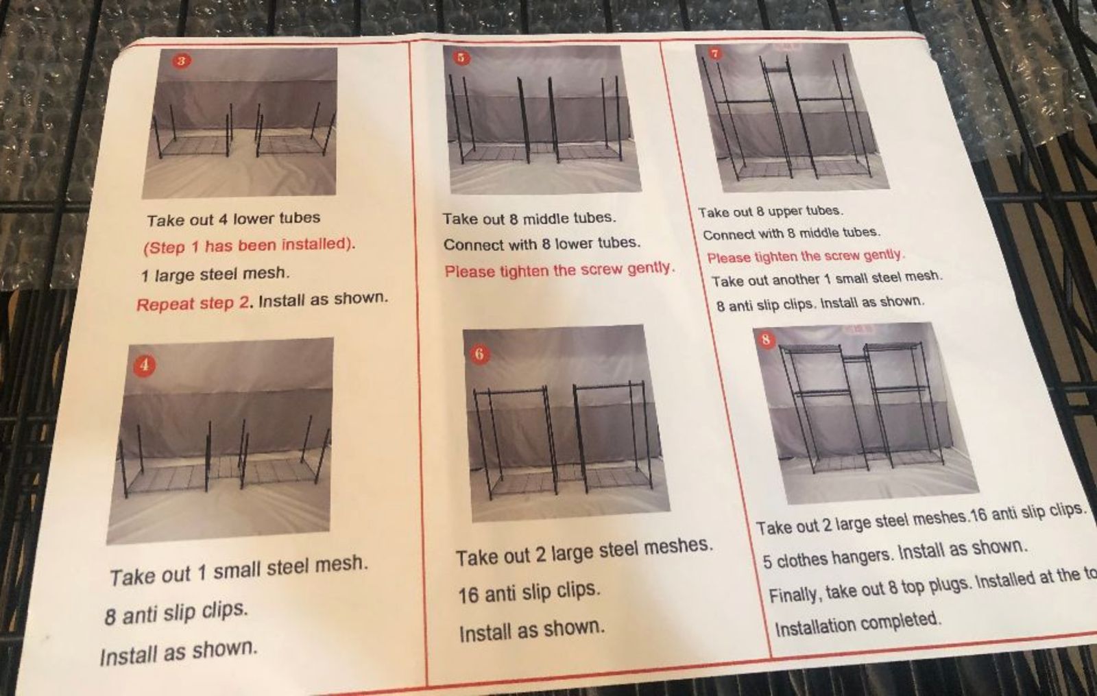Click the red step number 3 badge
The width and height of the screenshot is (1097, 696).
(x=181, y=61)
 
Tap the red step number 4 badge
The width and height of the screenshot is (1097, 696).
(x=145, y=365)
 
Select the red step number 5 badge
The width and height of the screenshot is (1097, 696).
(x=461, y=58)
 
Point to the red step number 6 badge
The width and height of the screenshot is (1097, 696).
(x=479, y=354)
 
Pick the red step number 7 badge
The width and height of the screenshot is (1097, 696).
(x=715, y=54)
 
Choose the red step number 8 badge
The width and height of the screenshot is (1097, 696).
(x=767, y=340)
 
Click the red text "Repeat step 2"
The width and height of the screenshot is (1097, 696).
(x=193, y=304)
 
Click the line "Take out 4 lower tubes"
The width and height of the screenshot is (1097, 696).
(x=234, y=219)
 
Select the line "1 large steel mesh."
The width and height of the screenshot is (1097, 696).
(x=215, y=274)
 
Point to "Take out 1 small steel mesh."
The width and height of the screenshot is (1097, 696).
(x=239, y=571)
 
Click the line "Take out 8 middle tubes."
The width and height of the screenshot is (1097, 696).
(x=529, y=218)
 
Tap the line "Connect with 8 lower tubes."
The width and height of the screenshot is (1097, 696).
(x=542, y=243)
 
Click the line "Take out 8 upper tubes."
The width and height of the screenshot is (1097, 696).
(x=771, y=212)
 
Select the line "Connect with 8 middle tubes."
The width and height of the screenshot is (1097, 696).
(x=791, y=234)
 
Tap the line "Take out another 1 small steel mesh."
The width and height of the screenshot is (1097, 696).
(x=827, y=279)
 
